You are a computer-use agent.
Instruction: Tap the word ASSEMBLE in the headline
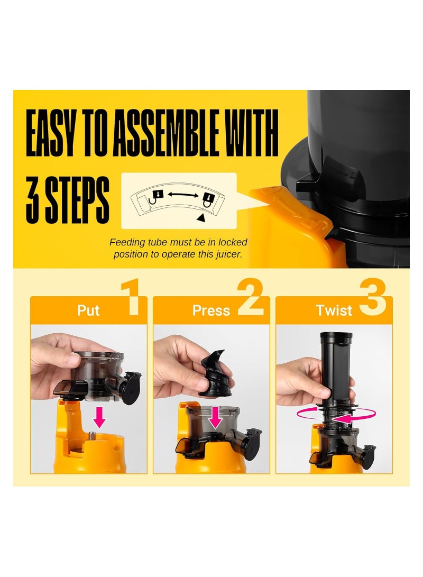[165, 133]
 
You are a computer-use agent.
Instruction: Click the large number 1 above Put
[131, 297]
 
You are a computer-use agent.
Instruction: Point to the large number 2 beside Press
[251, 297]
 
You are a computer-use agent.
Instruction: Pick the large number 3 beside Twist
[372, 297]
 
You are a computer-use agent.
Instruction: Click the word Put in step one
[88, 310]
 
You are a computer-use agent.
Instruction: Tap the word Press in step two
[211, 310]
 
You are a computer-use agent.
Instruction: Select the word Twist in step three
[334, 310]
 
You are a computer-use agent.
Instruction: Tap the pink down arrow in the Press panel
[215, 418]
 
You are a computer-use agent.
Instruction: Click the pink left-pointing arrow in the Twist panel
[345, 419]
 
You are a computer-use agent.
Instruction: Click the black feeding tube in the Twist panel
[336, 368]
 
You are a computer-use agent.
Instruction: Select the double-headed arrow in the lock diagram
[183, 195]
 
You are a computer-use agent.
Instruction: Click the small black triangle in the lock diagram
[201, 218]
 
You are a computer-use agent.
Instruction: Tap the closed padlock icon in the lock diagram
[208, 199]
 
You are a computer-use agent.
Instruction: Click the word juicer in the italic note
[229, 254]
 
